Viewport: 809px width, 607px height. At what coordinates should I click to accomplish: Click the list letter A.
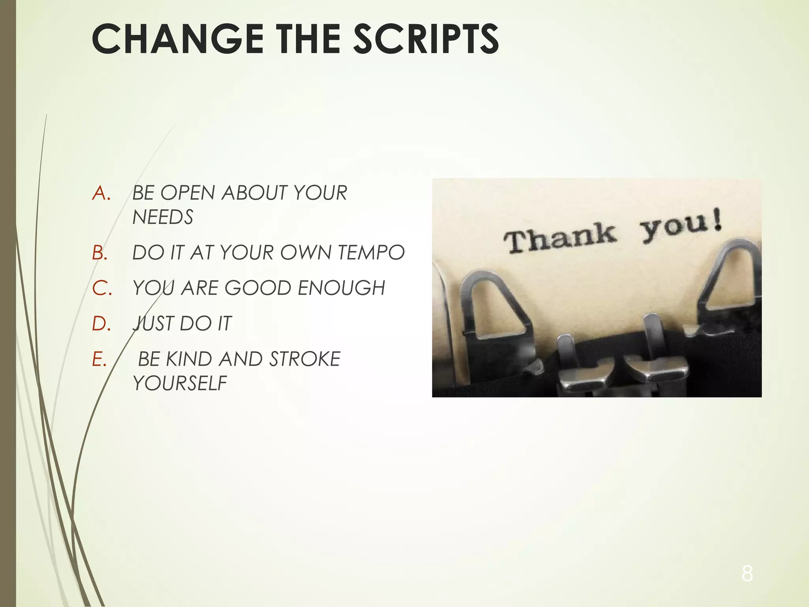click(101, 193)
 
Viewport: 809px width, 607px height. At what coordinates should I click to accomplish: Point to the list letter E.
click(99, 359)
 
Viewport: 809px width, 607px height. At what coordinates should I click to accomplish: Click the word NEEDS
click(163, 217)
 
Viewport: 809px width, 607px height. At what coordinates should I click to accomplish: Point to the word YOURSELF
click(180, 383)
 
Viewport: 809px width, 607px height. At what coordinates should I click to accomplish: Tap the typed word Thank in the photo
click(559, 237)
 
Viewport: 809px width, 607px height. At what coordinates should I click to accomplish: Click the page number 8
click(747, 573)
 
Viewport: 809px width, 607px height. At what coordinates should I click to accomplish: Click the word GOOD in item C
click(258, 288)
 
